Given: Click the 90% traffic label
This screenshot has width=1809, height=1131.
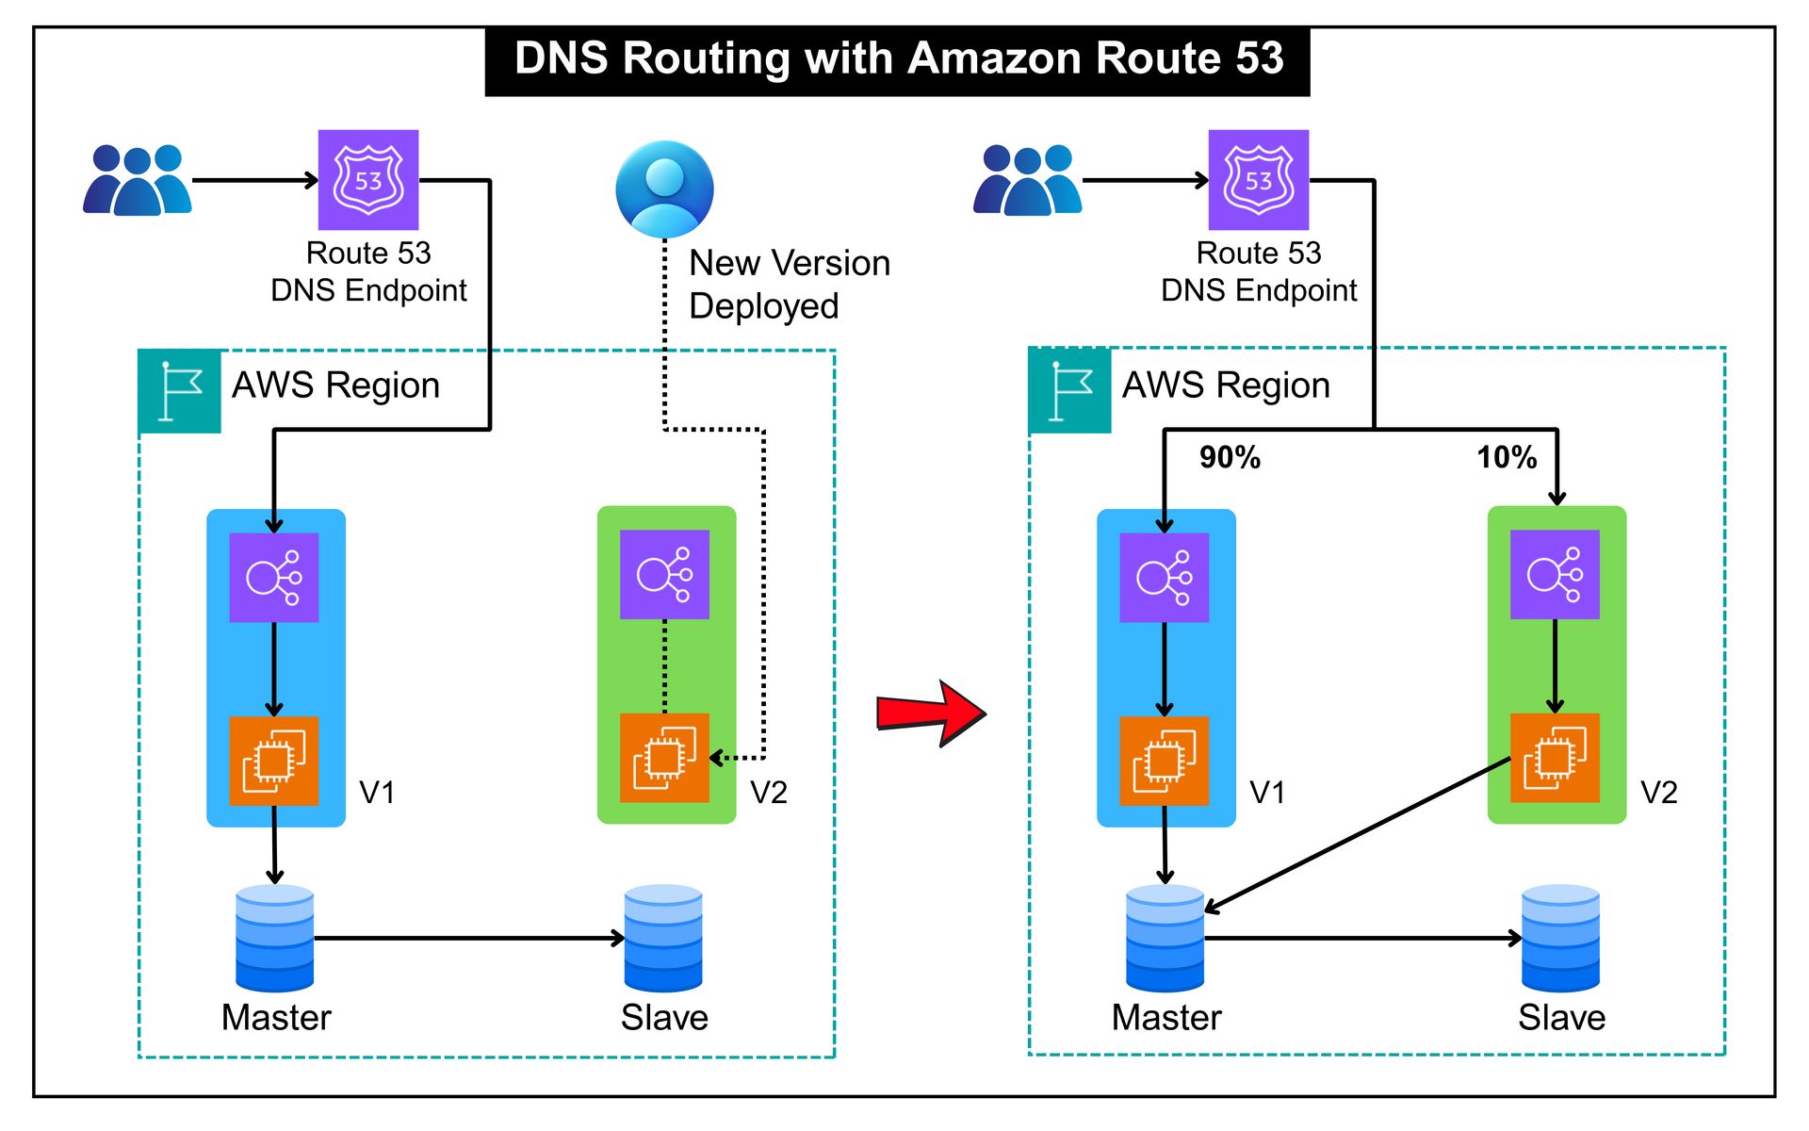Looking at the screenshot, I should (x=1230, y=458).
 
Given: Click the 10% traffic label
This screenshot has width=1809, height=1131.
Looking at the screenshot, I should (x=1506, y=458).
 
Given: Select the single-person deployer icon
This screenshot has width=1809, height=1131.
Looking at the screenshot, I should (x=664, y=189).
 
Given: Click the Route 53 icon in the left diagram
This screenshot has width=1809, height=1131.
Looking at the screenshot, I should (x=368, y=180).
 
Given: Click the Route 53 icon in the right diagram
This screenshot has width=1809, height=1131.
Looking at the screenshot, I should (x=1259, y=180).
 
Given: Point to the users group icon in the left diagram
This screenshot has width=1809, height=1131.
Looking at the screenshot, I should (x=138, y=180).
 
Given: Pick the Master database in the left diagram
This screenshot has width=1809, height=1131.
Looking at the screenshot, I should (x=274, y=938).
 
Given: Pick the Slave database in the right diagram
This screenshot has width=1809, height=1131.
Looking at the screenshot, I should (x=1560, y=938).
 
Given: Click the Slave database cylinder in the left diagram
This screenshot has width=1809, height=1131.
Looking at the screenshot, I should (x=663, y=938).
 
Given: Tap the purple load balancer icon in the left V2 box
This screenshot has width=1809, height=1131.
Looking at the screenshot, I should (x=664, y=574).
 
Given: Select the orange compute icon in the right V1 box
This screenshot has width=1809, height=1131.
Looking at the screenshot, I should (x=1165, y=761).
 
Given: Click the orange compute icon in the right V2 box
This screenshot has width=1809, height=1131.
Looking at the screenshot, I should (x=1555, y=758).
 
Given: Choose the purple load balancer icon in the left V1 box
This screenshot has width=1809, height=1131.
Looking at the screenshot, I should (x=274, y=578).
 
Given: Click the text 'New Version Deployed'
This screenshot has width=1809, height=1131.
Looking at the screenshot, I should (x=789, y=284).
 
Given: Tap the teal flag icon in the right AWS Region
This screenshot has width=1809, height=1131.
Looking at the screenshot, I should (x=1070, y=390).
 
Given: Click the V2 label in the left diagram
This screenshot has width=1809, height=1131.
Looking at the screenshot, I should (x=768, y=793).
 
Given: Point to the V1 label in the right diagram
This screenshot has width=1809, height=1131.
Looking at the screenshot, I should (x=1267, y=793).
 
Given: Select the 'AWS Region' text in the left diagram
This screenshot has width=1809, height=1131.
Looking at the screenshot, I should (x=335, y=385).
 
